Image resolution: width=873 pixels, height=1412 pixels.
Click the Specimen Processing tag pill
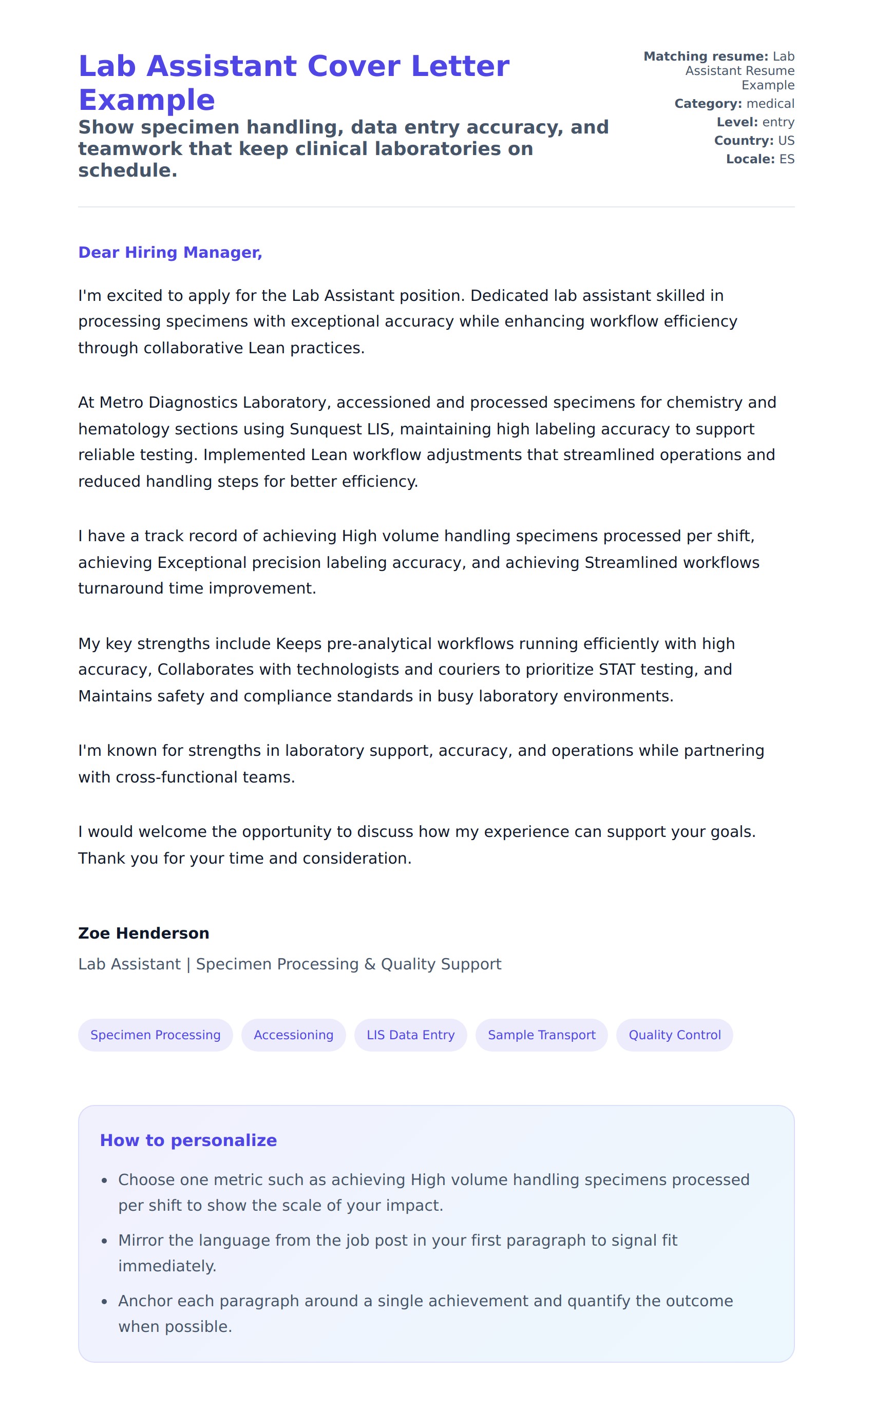pyautogui.click(x=155, y=1035)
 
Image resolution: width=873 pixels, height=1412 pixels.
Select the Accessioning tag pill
pyautogui.click(x=293, y=1035)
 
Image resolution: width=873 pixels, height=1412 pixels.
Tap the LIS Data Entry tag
pyautogui.click(x=410, y=1035)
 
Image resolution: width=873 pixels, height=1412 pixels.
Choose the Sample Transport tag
pyautogui.click(x=541, y=1035)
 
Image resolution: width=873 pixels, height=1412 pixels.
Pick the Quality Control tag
pyautogui.click(x=674, y=1035)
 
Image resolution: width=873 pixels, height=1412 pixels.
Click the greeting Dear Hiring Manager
pyautogui.click(x=170, y=252)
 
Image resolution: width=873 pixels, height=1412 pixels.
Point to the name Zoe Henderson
pyautogui.click(x=144, y=933)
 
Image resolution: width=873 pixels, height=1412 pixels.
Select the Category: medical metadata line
pyautogui.click(x=734, y=104)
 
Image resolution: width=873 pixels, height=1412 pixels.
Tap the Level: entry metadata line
pyautogui.click(x=755, y=122)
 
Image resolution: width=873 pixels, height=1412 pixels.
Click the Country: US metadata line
pyautogui.click(x=754, y=141)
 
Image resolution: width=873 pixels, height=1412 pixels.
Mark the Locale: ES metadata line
pyautogui.click(x=760, y=159)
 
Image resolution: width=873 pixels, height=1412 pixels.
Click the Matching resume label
pyautogui.click(x=706, y=56)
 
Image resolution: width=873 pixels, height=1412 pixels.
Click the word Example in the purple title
pyautogui.click(x=147, y=100)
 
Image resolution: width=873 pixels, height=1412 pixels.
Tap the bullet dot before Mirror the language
pyautogui.click(x=105, y=1241)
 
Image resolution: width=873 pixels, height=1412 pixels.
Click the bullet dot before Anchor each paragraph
pyautogui.click(x=105, y=1301)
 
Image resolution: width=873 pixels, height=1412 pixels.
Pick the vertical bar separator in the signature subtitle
pyautogui.click(x=188, y=965)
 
